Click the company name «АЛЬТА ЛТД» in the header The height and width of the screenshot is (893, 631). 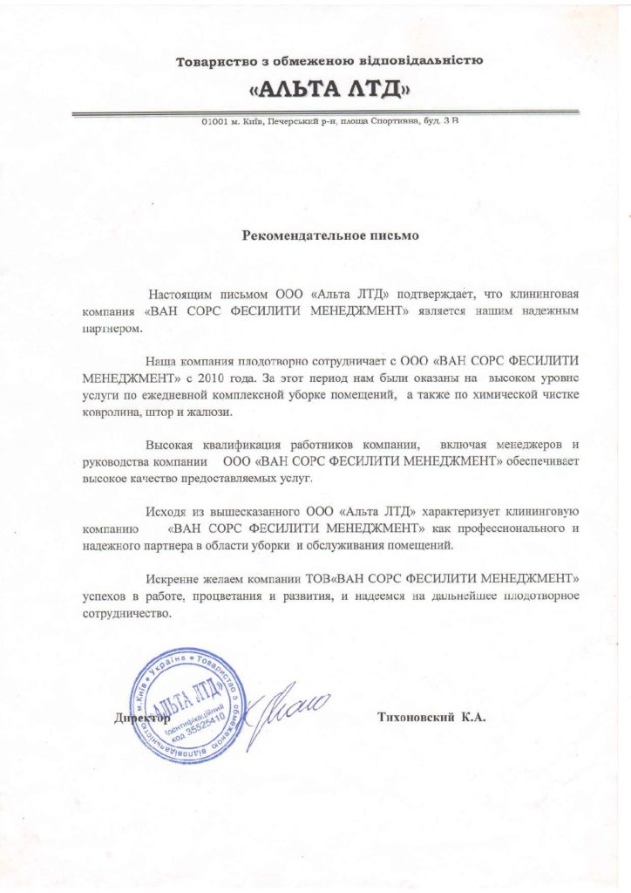tap(329, 90)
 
